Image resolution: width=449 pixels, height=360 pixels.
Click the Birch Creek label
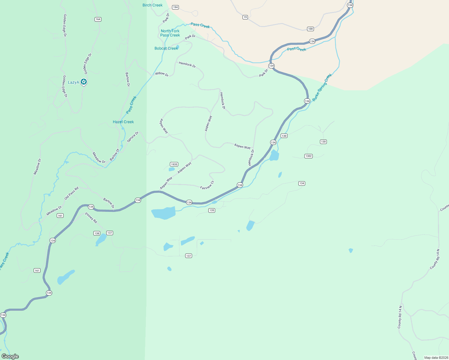pos(152,5)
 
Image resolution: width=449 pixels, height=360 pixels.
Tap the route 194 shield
pos(176,7)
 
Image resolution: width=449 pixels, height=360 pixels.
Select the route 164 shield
pos(98,19)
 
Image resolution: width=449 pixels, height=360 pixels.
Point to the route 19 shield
pos(245,17)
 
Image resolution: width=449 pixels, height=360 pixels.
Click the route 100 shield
pos(310,29)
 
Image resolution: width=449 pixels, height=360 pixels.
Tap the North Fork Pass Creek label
pos(170,33)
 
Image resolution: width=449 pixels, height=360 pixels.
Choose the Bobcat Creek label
pos(166,48)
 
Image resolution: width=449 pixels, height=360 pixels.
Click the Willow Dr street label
pos(161,74)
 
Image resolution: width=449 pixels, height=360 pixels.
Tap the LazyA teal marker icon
pos(84,82)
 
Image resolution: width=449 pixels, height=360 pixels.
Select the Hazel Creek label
pos(123,122)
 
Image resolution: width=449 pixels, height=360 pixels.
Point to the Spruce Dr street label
pos(133,137)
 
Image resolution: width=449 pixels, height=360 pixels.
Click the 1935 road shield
pos(174,164)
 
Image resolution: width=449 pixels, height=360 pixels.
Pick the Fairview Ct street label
pos(207,185)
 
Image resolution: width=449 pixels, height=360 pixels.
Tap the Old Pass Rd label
pos(71,193)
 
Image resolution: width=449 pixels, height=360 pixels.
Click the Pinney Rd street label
pos(91,218)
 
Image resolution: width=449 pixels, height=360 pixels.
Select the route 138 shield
pos(97,233)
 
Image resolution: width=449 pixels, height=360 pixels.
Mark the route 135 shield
pos(212,210)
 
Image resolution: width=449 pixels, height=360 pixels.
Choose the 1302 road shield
pos(309,156)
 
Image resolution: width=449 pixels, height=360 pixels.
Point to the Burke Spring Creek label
pos(322,87)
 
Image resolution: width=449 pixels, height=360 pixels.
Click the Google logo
pos(10,356)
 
